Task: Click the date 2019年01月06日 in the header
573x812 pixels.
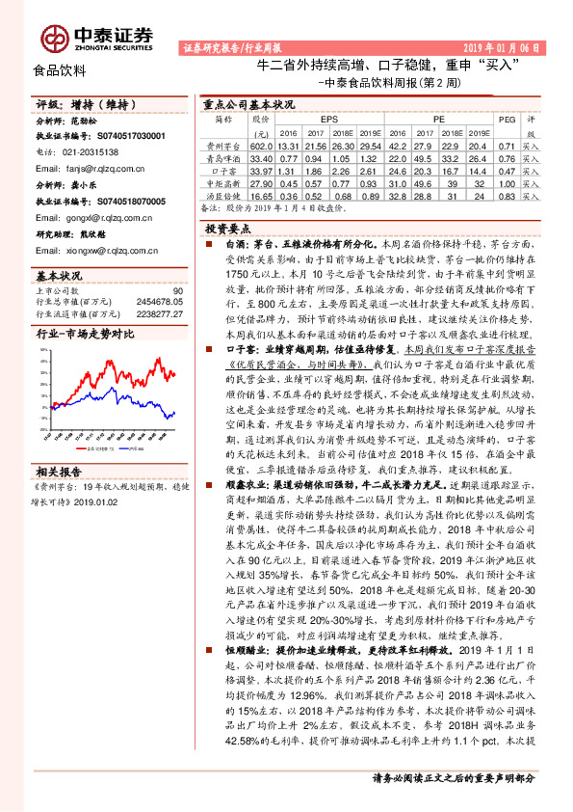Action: (499, 46)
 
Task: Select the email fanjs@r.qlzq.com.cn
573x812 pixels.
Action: (94, 166)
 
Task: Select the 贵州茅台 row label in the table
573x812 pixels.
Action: (223, 145)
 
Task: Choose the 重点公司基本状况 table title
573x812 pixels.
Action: (248, 102)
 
